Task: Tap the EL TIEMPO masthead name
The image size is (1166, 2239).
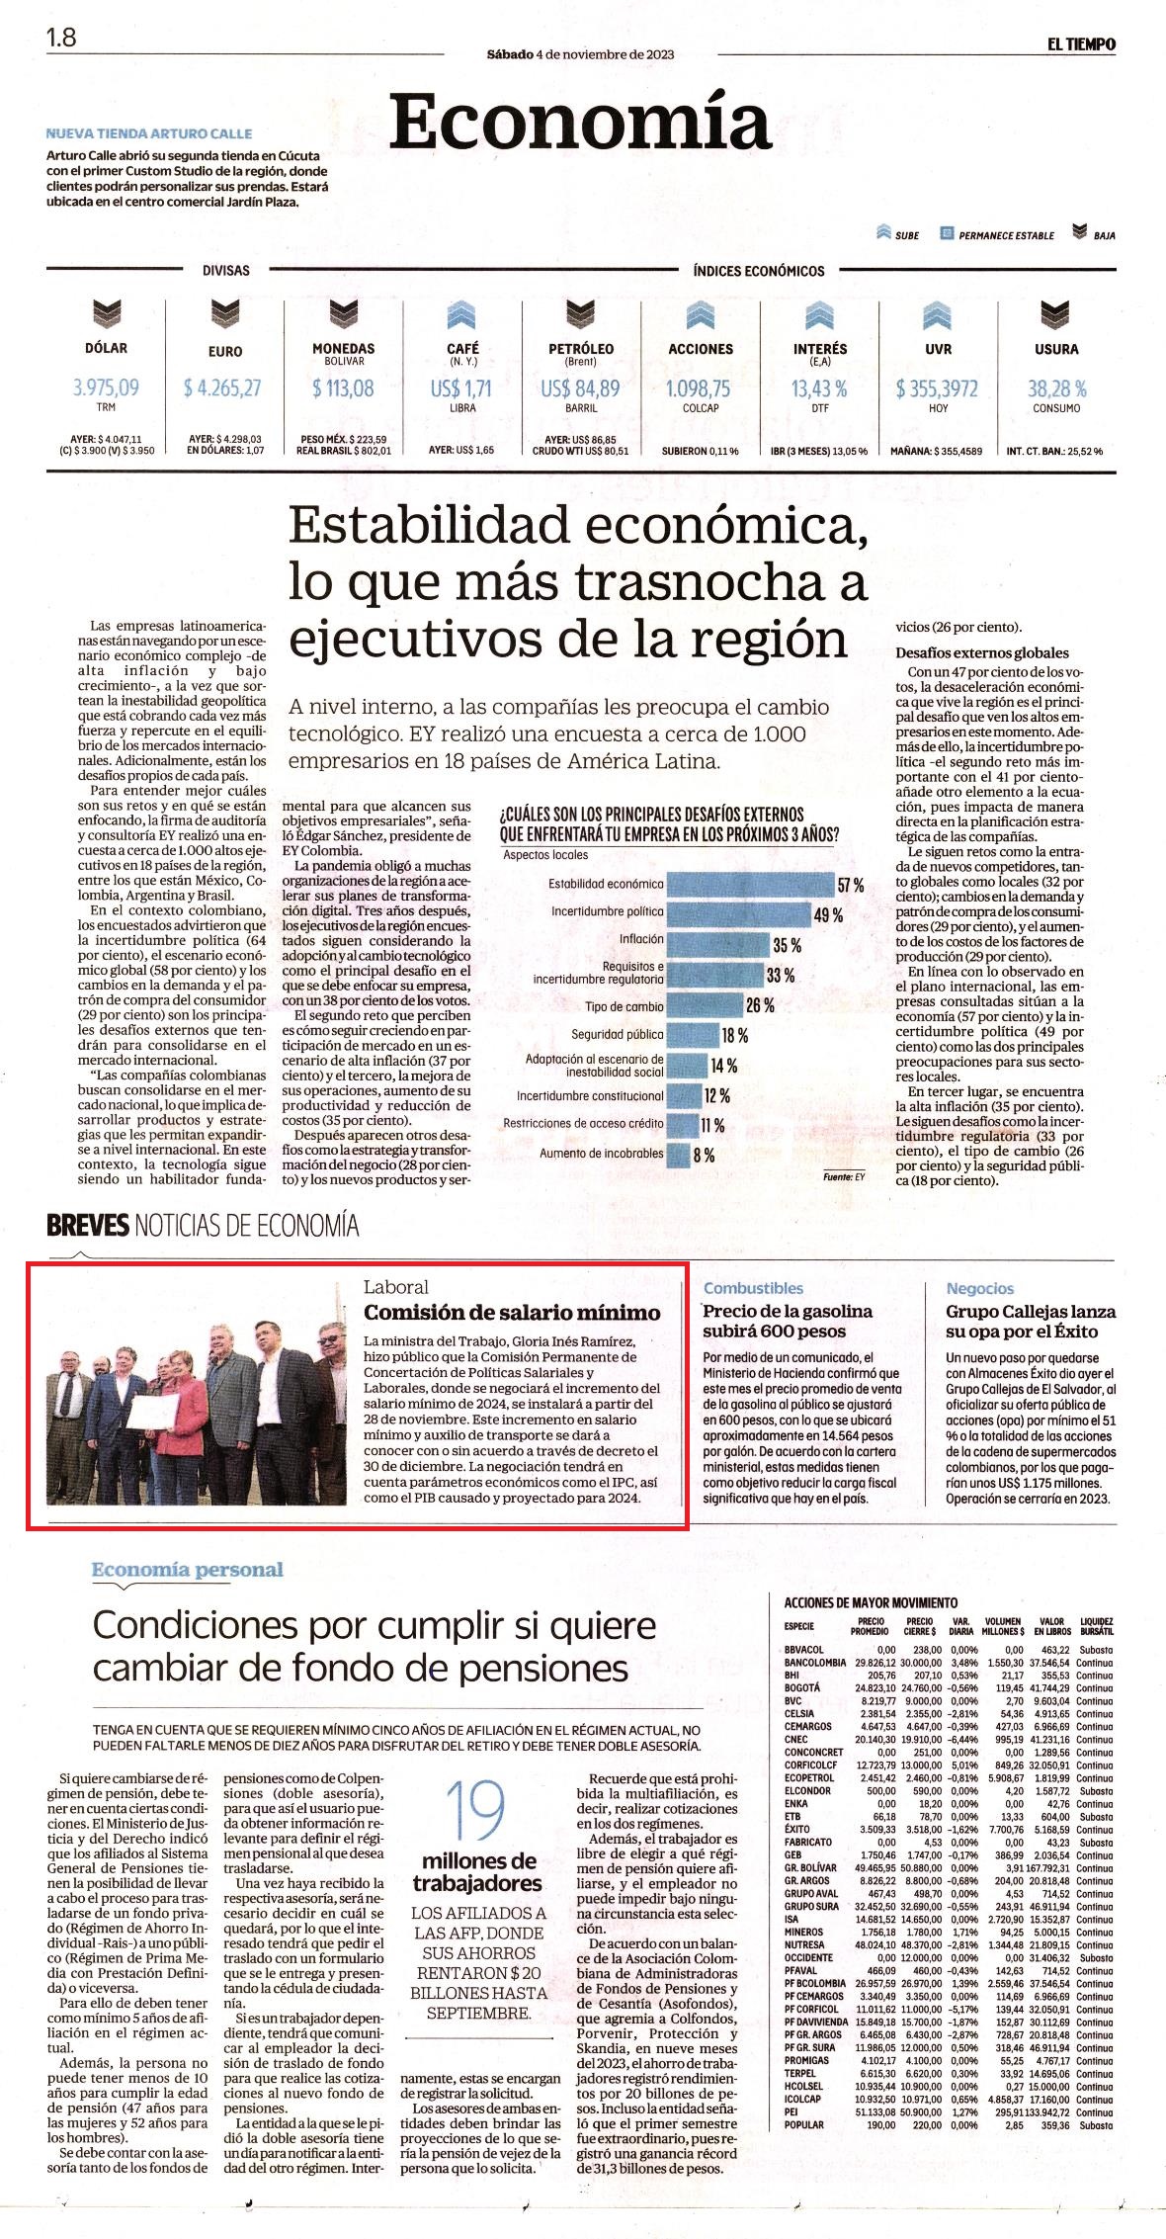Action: coord(1082,43)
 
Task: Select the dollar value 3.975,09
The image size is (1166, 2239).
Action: coord(106,388)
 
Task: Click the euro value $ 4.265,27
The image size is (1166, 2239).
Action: coord(222,388)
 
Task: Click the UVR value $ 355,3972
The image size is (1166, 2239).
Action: coord(938,388)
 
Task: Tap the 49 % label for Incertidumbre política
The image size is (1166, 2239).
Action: coord(828,915)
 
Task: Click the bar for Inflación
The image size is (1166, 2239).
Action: coord(717,939)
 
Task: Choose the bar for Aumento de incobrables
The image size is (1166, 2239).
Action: coord(678,1154)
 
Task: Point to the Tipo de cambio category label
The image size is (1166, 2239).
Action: coord(624,1007)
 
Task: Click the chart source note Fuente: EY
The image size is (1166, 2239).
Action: coord(844,1177)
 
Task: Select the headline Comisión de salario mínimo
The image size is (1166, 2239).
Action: coord(512,1313)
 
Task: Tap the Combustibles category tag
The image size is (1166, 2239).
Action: coord(753,1288)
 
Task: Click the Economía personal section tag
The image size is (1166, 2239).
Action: coord(188,1570)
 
